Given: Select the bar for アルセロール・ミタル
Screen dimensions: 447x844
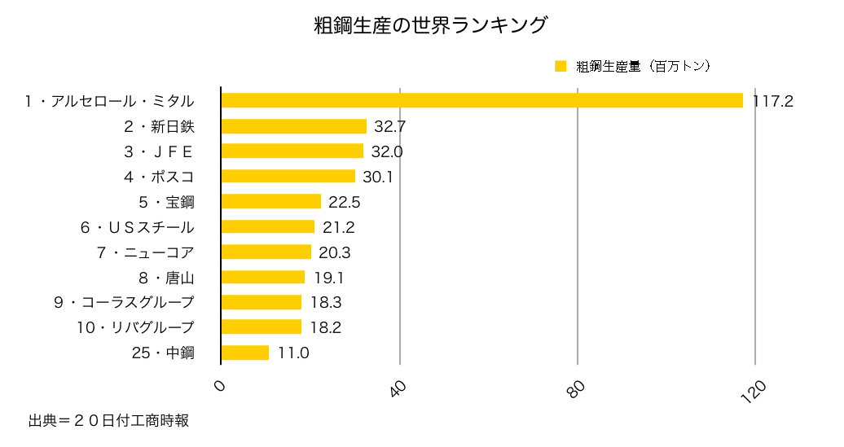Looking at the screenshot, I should coord(481,100).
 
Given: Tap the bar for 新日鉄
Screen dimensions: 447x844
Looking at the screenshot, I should coord(293,126).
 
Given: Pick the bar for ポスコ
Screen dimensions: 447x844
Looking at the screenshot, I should coord(288,176).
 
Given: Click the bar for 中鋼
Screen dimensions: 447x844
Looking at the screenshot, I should coord(245,353).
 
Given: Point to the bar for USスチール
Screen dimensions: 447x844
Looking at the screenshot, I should coord(268,226).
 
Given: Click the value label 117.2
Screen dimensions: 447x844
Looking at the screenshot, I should coord(773,101).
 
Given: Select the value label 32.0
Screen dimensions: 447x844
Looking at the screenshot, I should coord(387,151).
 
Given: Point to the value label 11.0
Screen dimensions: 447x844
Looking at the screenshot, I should coord(292,353).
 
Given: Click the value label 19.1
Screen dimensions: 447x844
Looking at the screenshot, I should coord(328,278).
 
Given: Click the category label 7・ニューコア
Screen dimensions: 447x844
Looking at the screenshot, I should coord(146,252).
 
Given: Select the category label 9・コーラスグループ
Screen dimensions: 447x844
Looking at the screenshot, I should coord(124,303).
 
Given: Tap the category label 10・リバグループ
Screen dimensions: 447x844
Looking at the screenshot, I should coord(135,327).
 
